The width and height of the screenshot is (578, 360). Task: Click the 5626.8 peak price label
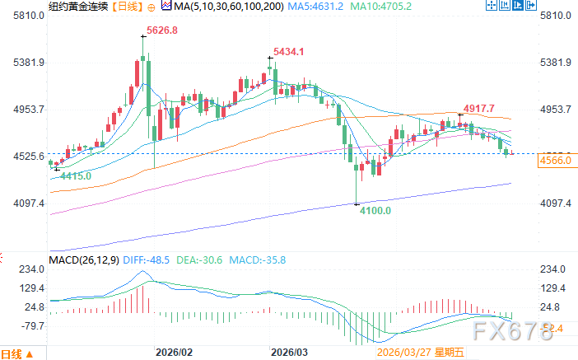(x=161, y=32)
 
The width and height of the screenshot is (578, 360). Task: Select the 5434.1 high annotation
(x=289, y=51)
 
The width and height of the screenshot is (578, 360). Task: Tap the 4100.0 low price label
(x=375, y=212)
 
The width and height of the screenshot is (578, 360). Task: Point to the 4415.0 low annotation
(x=74, y=175)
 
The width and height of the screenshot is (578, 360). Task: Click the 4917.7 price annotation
(x=478, y=108)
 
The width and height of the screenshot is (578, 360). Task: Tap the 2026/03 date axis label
(x=288, y=351)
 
